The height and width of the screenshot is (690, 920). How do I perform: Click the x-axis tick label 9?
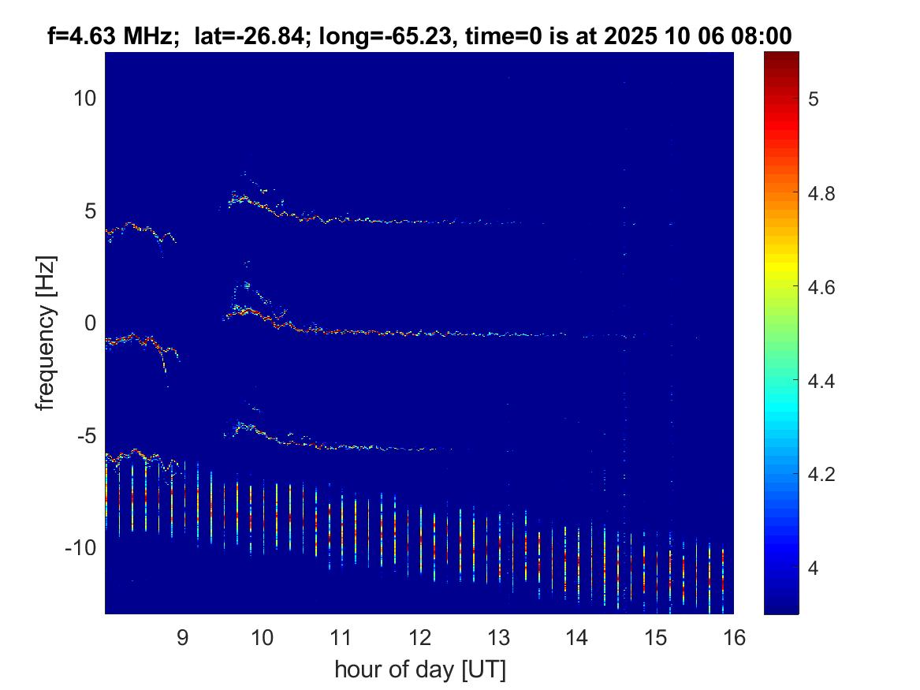click(x=182, y=637)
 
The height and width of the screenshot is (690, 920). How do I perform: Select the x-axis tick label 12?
click(x=419, y=637)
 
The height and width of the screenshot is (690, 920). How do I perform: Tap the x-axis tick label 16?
click(x=734, y=637)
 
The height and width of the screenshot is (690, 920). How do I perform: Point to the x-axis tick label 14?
click(x=577, y=637)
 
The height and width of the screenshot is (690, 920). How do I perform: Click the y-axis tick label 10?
click(x=84, y=98)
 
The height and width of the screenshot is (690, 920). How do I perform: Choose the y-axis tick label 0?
click(x=91, y=323)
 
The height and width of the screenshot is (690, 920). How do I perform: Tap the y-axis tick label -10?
click(x=81, y=547)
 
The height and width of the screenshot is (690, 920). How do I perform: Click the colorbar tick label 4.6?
click(x=821, y=288)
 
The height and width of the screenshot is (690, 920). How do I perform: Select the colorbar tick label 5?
click(x=814, y=99)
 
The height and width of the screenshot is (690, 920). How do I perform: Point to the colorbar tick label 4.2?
click(x=821, y=474)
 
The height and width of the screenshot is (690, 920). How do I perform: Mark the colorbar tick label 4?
click(x=814, y=568)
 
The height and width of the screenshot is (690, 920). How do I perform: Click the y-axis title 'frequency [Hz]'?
click(x=46, y=333)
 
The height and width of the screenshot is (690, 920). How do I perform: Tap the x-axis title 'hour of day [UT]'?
click(x=420, y=669)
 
